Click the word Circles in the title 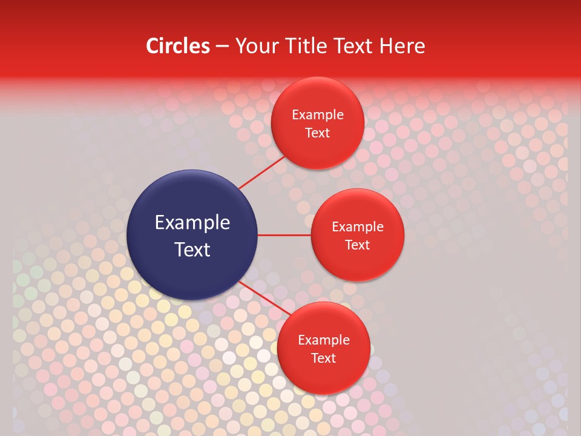click(177, 46)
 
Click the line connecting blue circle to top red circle click(261, 172)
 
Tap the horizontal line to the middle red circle click(284, 235)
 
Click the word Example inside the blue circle click(192, 223)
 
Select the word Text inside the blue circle click(192, 249)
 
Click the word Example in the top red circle click(318, 115)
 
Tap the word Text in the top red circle click(318, 133)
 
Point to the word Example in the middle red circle click(358, 227)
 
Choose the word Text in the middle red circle click(358, 245)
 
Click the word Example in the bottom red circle click(324, 340)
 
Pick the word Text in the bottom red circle click(324, 358)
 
